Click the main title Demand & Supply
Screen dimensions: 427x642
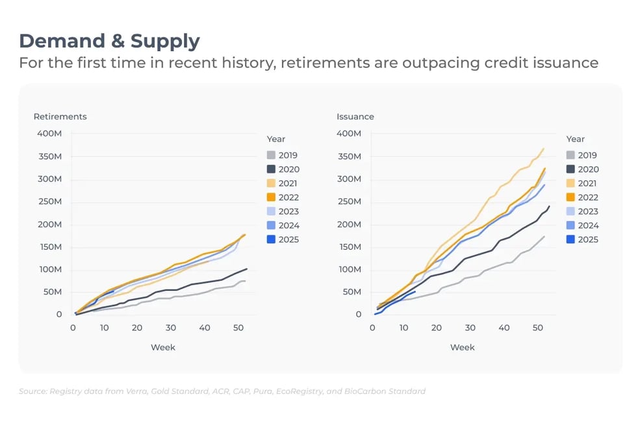coord(109,41)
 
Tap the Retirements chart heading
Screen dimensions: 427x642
coord(60,117)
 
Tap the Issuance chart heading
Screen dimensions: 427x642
coord(355,117)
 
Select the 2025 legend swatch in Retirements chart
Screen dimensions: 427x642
coord(271,239)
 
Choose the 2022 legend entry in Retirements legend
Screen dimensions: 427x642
coord(289,197)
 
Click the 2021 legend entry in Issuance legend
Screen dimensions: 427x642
coord(582,183)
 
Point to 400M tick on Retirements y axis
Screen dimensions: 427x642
coord(49,134)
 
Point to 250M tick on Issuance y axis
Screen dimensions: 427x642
coord(349,202)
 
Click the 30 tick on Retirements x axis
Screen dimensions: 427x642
coord(171,328)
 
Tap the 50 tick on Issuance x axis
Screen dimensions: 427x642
coord(537,328)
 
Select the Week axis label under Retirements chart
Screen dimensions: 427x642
coord(162,347)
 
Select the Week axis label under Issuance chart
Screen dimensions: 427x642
coord(462,347)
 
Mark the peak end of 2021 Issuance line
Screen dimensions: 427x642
coord(543,149)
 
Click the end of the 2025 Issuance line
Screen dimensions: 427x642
coord(415,291)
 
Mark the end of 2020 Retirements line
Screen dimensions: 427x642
coord(247,269)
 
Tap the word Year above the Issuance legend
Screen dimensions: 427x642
coord(576,139)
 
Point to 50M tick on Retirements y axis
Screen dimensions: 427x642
coord(52,292)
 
